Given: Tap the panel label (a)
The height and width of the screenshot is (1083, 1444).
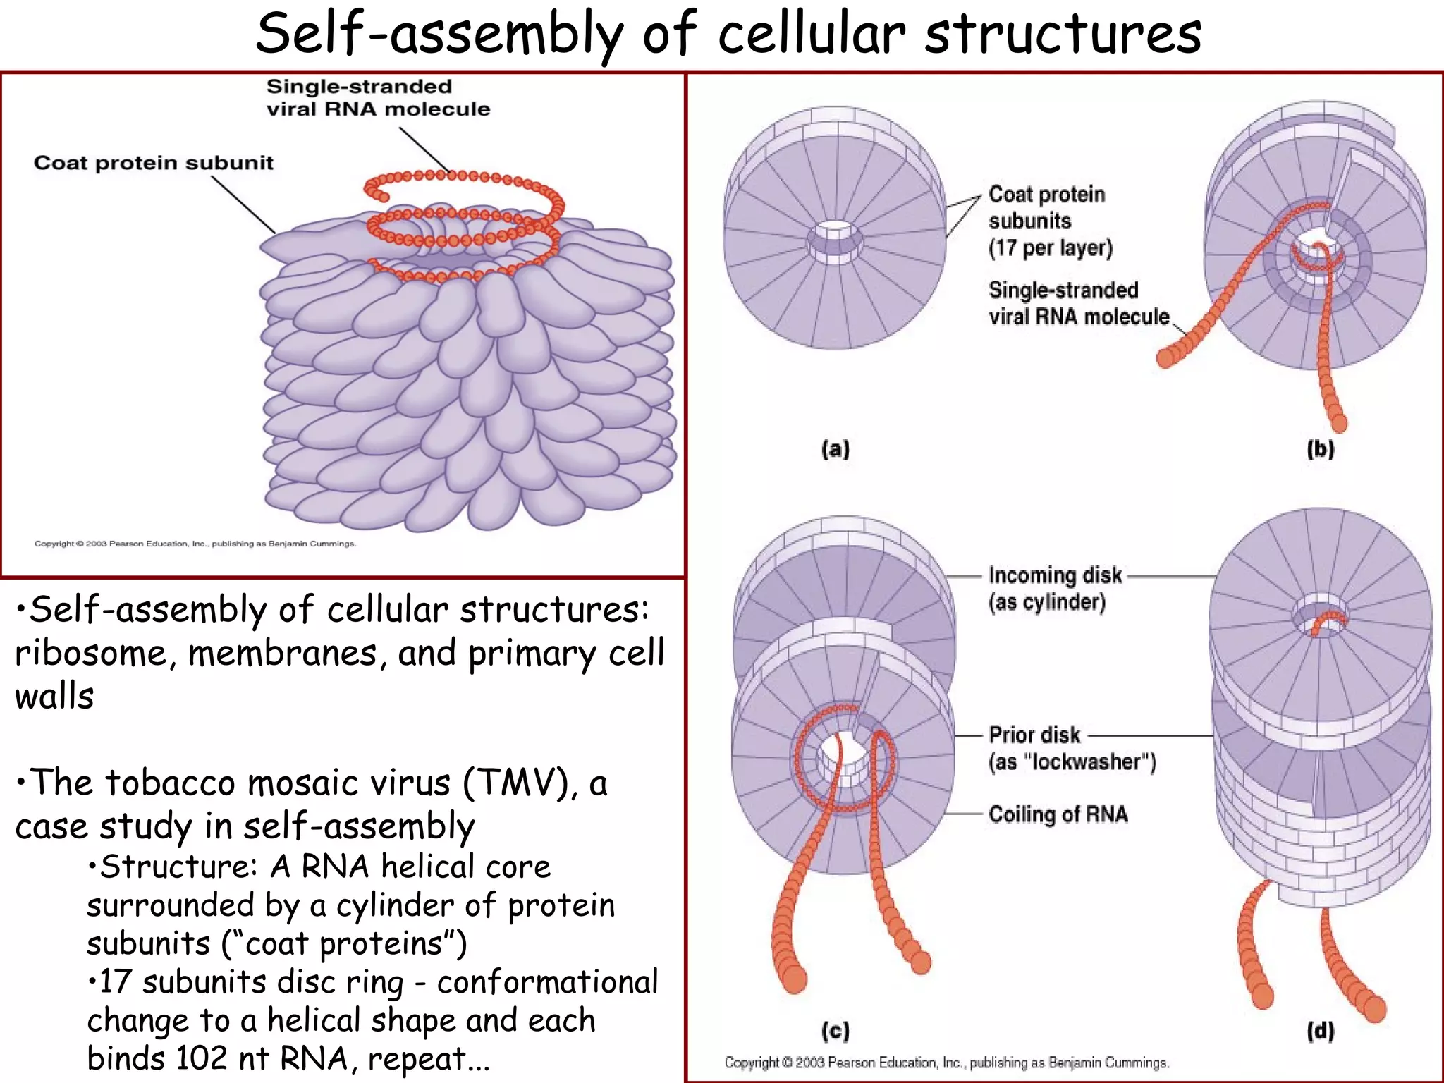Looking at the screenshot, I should tap(836, 449).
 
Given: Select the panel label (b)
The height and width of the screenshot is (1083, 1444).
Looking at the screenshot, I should tap(1320, 449).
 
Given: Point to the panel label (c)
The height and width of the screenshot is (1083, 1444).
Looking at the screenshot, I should tap(836, 1031).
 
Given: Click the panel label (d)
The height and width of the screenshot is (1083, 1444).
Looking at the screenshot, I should tap(1320, 1031).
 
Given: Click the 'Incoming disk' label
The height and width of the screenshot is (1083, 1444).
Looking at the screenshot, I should tap(1055, 575).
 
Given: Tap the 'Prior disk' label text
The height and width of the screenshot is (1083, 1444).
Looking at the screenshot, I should tap(1034, 735).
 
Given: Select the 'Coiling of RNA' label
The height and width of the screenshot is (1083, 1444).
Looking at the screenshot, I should tap(1058, 814).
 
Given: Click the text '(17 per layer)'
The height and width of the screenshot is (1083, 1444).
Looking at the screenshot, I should tap(1050, 248).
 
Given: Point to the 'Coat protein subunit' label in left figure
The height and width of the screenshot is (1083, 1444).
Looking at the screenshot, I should tap(153, 163).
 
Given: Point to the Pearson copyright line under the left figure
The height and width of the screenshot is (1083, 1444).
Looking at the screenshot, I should tap(195, 544).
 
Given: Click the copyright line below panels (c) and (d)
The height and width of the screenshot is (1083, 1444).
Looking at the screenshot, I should tap(946, 1063).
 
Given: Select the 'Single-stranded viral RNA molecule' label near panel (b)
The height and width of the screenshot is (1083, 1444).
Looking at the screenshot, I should tap(1078, 303).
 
